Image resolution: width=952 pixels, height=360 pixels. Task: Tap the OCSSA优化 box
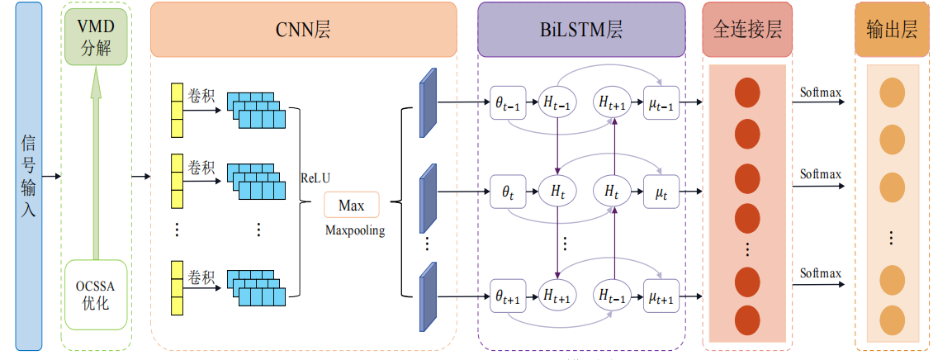coord(97,294)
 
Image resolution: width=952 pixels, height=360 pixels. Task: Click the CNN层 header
coord(303,31)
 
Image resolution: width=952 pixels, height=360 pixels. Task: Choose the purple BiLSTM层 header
coord(581,31)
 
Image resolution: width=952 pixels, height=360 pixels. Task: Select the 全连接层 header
coord(746,31)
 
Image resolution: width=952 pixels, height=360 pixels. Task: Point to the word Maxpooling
coord(354,230)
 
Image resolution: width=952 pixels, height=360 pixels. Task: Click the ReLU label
coord(315,178)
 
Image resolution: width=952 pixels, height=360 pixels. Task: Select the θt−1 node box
coord(507,102)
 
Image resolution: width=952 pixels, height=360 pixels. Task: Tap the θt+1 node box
coord(507,295)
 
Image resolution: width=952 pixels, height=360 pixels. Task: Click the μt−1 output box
coord(661,102)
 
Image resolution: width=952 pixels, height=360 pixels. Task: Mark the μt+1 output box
coord(661,295)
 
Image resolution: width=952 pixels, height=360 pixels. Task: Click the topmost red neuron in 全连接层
coord(746,92)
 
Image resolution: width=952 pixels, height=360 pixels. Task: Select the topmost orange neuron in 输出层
coord(892,93)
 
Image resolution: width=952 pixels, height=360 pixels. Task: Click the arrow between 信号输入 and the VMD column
coord(52,176)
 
